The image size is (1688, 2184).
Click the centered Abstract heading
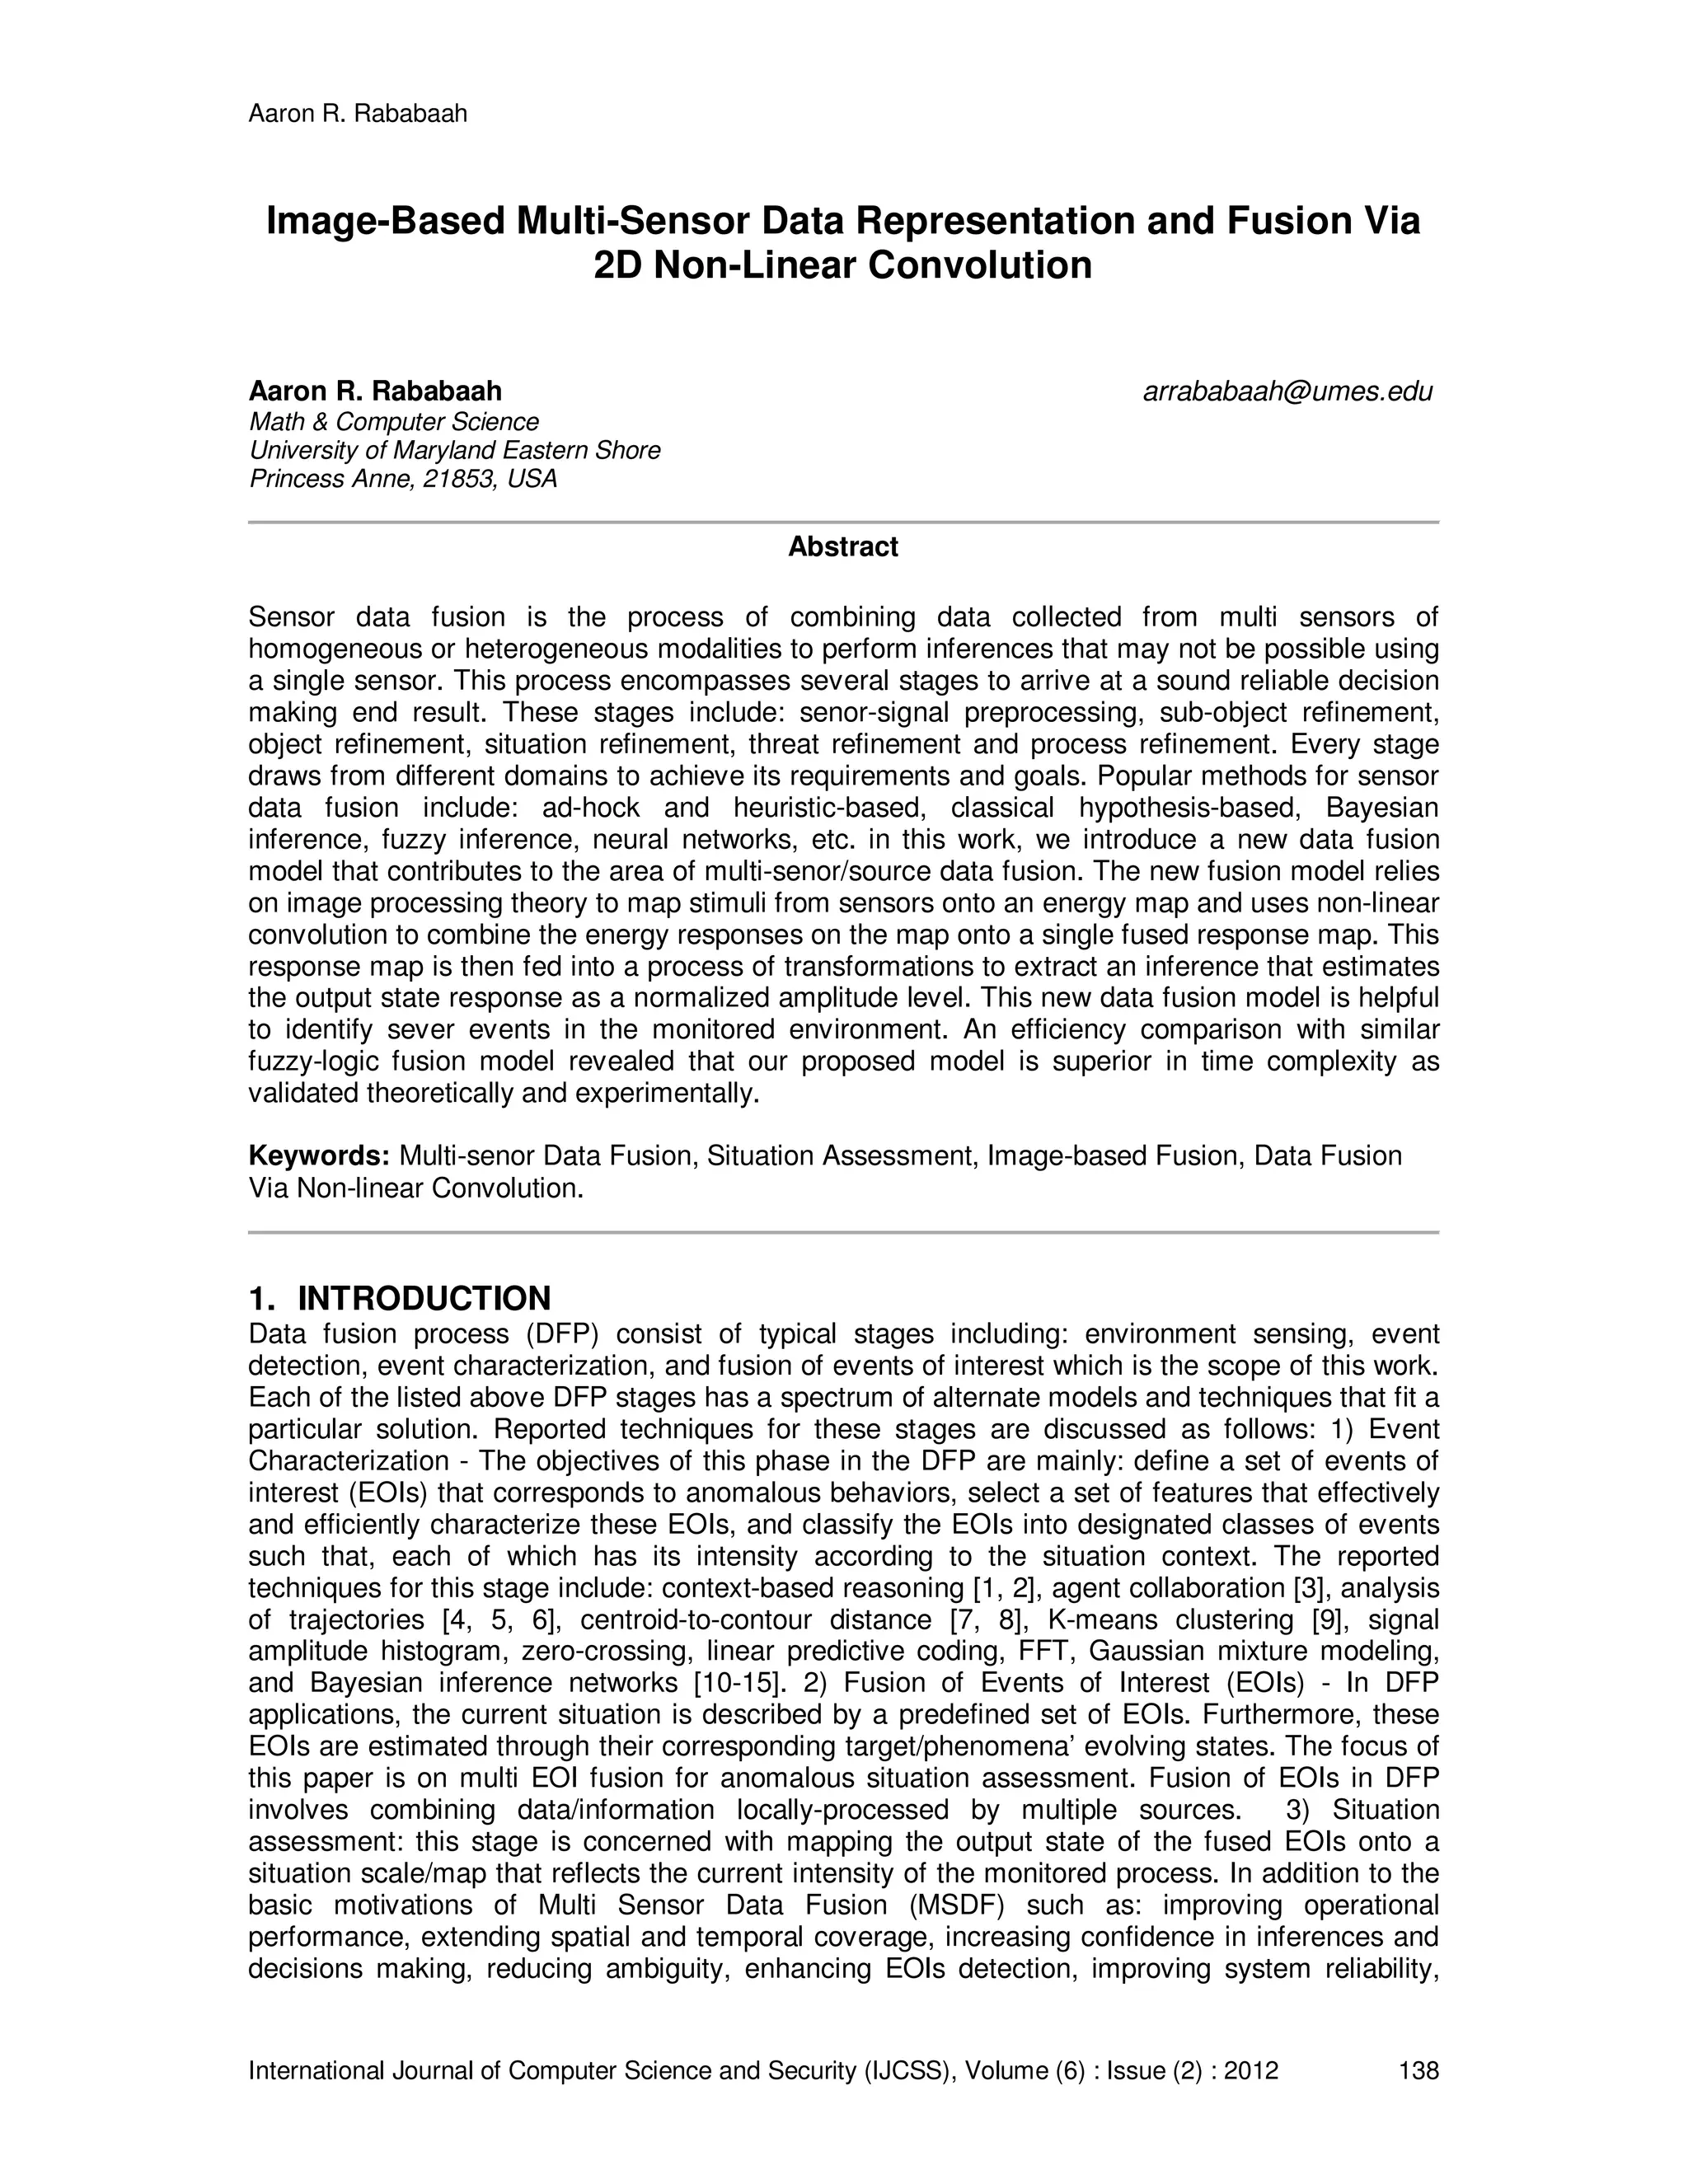point(843,547)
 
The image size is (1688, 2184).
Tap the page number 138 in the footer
point(1418,2070)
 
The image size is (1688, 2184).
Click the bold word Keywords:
point(319,1156)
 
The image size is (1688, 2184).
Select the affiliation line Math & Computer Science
point(394,422)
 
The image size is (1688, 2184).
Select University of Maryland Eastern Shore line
point(455,450)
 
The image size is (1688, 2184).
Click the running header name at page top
point(357,114)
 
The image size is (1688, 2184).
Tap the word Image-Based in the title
point(385,221)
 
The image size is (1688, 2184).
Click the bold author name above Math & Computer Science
point(375,391)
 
